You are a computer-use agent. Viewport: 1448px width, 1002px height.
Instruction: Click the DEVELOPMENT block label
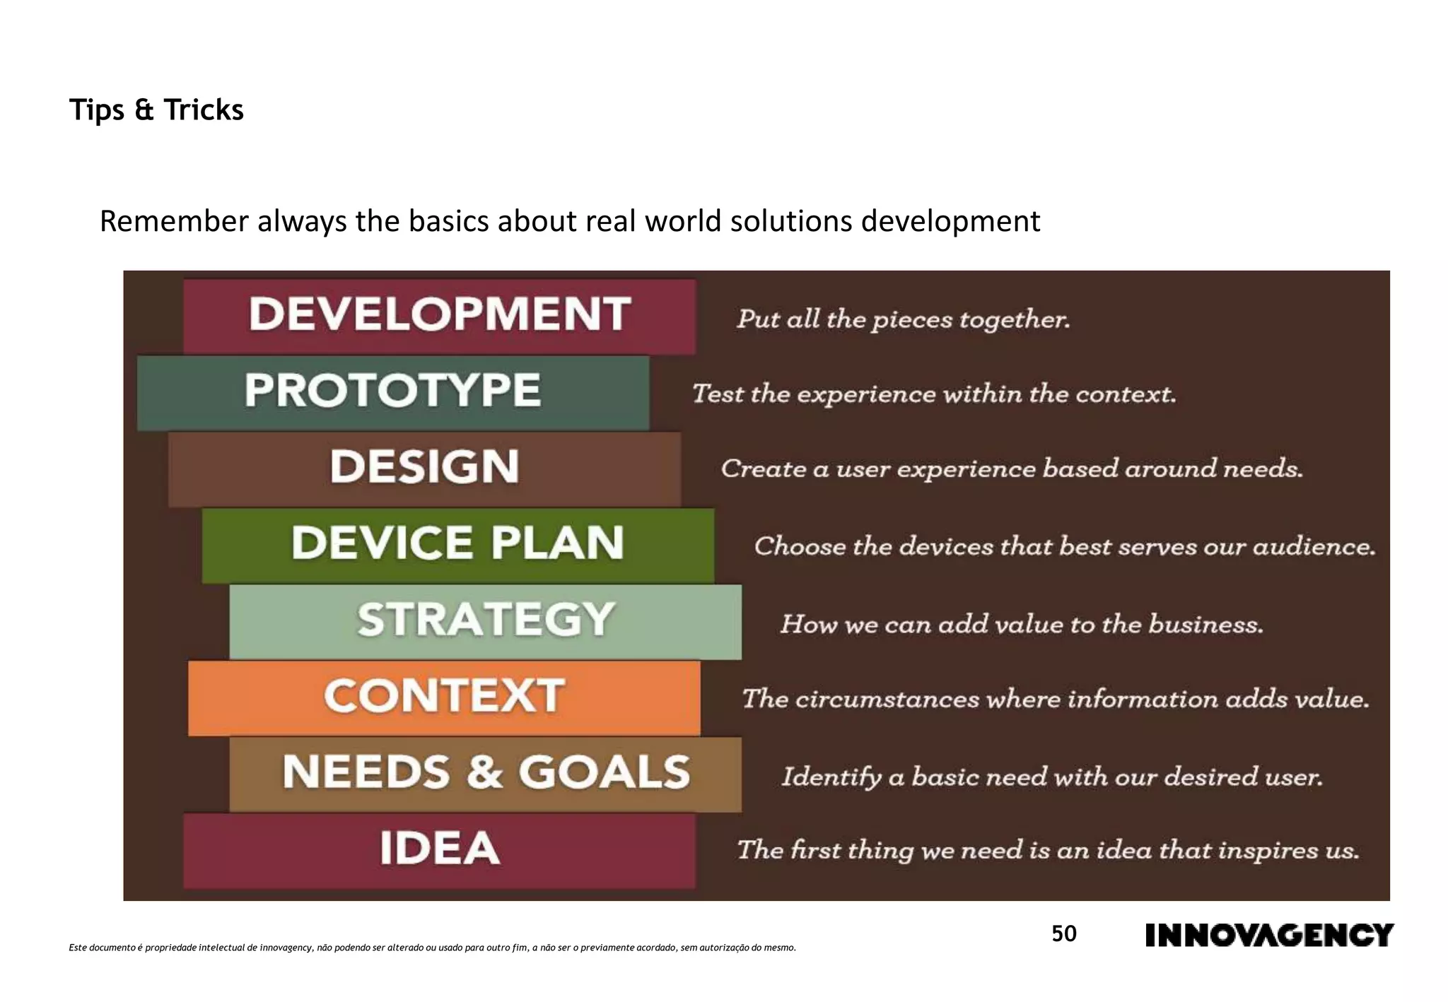pos(439,314)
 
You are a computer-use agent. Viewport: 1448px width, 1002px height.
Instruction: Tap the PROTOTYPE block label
pos(392,390)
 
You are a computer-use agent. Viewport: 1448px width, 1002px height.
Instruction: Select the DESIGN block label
pos(424,466)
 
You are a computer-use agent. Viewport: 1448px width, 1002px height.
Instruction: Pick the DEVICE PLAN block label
pos(457,543)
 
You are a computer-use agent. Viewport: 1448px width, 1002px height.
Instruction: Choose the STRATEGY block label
pos(485,620)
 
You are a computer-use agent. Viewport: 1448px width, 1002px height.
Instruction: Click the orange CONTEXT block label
pos(444,696)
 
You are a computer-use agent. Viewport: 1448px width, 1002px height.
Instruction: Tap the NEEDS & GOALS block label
pos(486,772)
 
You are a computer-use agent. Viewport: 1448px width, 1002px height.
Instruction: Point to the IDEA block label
pos(439,848)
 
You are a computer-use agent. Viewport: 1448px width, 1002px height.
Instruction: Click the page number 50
pos(1063,934)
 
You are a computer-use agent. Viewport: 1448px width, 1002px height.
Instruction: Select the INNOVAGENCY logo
pos(1269,936)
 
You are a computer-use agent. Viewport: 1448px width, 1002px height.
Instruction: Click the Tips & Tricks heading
pos(156,110)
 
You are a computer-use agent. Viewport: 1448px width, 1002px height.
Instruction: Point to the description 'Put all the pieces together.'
pos(903,319)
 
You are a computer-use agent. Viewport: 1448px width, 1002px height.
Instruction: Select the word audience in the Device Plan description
pos(1314,547)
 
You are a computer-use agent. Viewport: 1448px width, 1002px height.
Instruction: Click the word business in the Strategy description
pos(1205,625)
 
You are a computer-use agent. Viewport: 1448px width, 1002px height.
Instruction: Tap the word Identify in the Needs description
pos(831,777)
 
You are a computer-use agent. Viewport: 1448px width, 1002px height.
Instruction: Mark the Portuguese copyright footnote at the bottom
pos(432,948)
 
